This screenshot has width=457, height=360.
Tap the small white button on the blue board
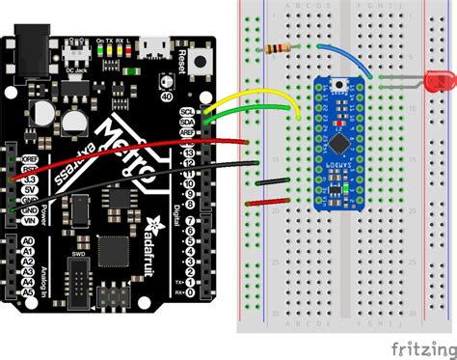[x=339, y=84]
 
